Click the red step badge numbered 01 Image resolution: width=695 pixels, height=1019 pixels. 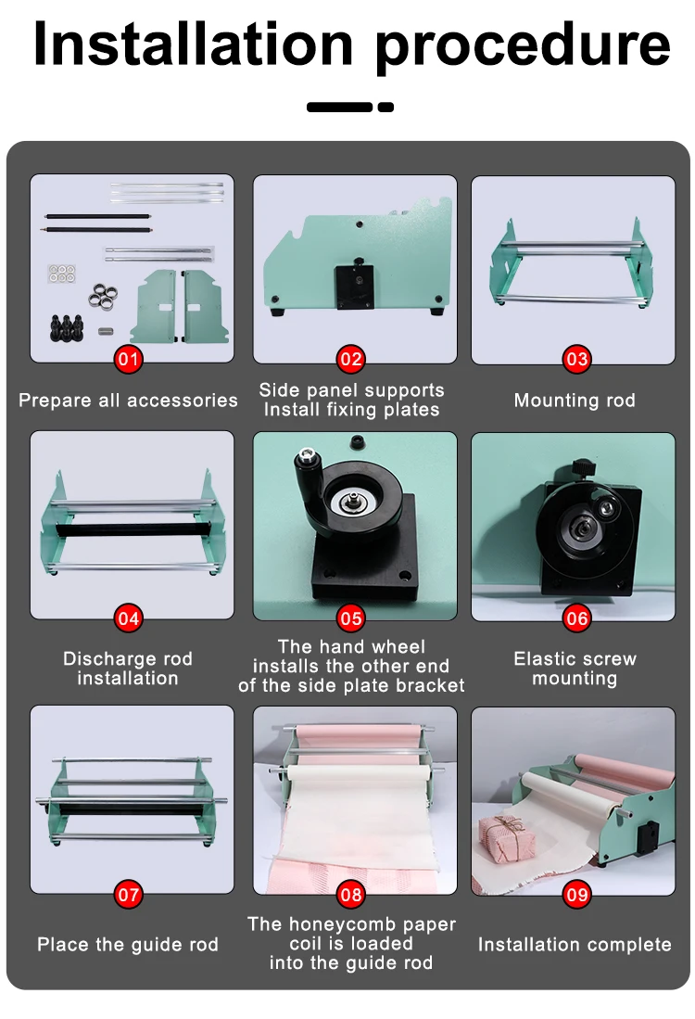tap(128, 359)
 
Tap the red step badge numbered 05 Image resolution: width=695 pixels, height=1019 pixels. tap(351, 618)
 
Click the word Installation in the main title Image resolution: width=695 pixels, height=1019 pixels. tap(194, 45)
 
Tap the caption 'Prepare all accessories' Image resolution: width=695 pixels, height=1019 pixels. tap(128, 401)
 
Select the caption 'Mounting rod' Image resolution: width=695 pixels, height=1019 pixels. tap(575, 401)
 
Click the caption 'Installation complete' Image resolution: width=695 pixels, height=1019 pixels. tap(575, 944)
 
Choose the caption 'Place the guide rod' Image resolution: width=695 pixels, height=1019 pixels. tap(128, 944)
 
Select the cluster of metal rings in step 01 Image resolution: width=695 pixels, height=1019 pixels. tap(103, 296)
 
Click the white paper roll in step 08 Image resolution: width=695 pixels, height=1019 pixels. tap(359, 772)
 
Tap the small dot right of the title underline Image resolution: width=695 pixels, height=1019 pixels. tap(385, 108)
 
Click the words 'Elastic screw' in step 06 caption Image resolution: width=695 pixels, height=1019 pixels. tap(575, 659)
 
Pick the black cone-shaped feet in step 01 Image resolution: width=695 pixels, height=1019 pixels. tap(66, 327)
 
